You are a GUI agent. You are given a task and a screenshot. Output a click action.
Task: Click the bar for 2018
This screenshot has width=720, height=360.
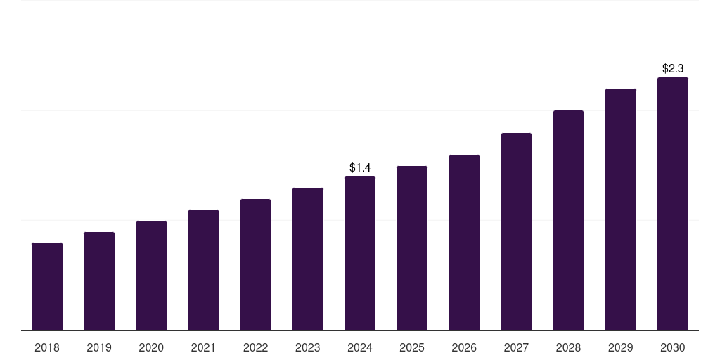(x=47, y=286)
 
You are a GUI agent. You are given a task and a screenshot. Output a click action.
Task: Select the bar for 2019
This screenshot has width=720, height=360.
(x=99, y=281)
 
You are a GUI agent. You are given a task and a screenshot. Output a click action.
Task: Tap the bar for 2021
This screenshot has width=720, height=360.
(x=203, y=270)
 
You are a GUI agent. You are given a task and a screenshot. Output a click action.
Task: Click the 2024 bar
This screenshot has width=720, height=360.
(x=360, y=253)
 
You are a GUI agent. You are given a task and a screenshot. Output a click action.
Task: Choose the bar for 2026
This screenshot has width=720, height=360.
(x=464, y=243)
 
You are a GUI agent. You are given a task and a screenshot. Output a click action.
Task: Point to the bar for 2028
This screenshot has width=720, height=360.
(x=568, y=220)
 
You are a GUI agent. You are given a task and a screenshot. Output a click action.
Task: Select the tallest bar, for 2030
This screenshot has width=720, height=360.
(x=673, y=204)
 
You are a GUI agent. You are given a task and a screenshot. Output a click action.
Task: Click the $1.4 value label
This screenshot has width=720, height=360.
(x=360, y=167)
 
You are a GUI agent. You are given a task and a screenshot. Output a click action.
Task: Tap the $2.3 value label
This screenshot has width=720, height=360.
(x=673, y=68)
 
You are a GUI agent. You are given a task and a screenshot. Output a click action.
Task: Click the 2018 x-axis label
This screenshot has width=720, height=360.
(x=47, y=347)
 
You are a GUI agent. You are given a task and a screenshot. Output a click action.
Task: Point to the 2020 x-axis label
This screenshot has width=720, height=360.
(x=151, y=347)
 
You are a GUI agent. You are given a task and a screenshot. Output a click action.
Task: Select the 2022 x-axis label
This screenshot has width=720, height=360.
(x=255, y=347)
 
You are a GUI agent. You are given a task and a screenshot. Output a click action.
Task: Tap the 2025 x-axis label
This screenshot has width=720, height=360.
(x=412, y=347)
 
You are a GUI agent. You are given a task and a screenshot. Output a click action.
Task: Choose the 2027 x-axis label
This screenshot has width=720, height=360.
(x=516, y=347)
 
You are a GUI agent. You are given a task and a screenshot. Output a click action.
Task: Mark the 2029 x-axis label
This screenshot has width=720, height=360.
(x=620, y=347)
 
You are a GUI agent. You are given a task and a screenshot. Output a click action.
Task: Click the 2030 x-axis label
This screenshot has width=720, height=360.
(x=673, y=347)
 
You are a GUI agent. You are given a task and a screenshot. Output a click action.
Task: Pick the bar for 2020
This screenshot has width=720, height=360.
(x=151, y=276)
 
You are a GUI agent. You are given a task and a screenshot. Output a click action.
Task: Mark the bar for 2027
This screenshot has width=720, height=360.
(x=516, y=231)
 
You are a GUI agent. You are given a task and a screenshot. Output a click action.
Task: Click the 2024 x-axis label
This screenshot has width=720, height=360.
(x=360, y=347)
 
